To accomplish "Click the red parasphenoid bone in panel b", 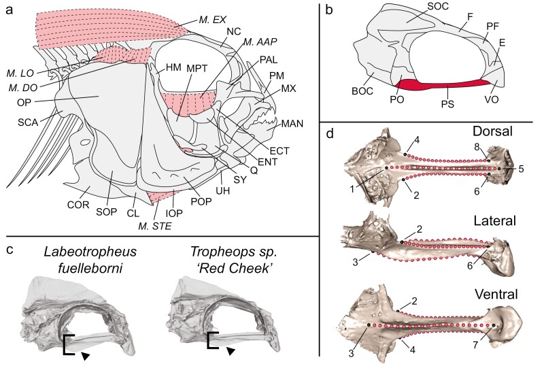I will [442, 84].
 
